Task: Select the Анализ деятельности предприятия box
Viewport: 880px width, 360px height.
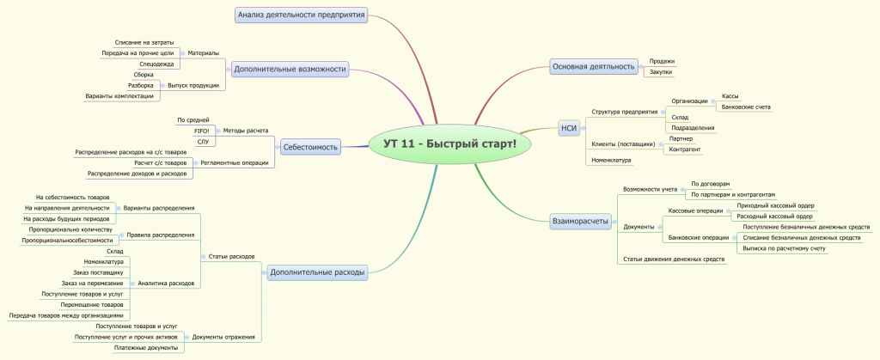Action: [x=302, y=14]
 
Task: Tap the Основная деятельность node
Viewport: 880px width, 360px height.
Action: [x=593, y=66]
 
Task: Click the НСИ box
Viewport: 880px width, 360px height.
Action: [x=568, y=128]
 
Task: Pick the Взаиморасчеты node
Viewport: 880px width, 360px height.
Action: [x=580, y=222]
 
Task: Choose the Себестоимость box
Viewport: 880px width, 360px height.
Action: [x=310, y=147]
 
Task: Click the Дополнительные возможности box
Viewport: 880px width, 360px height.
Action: [x=290, y=69]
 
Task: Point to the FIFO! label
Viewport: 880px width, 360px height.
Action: [x=203, y=130]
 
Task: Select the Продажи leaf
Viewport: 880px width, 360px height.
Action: [x=662, y=61]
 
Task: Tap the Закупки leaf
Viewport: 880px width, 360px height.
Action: [x=661, y=72]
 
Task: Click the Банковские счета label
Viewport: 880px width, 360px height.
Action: [x=746, y=107]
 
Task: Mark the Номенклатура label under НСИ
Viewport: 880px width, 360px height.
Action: [x=610, y=160]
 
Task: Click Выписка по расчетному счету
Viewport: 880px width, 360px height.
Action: [x=784, y=248]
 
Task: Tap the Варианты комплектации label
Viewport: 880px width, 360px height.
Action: [x=119, y=95]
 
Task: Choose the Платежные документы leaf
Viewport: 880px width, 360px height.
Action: [x=145, y=347]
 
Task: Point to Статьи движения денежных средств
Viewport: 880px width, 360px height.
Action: [x=675, y=259]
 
